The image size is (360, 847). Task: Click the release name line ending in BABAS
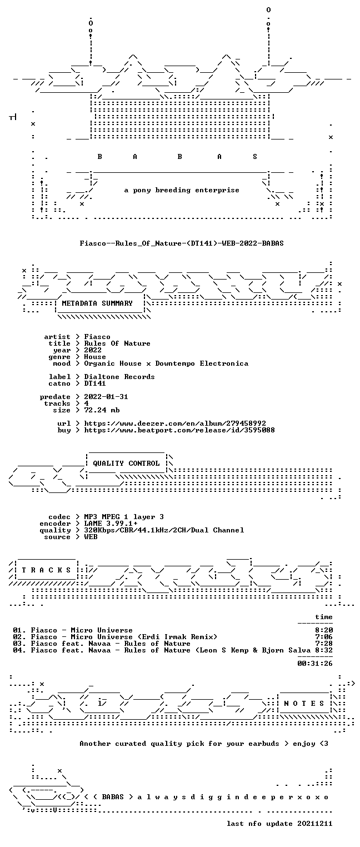click(x=182, y=243)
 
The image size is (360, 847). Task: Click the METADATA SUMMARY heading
click(x=97, y=303)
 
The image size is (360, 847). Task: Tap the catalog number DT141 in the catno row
click(x=95, y=383)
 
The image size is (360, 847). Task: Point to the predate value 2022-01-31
click(x=106, y=397)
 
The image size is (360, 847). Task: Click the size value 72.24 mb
click(x=102, y=410)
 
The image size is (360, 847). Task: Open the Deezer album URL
click(x=175, y=423)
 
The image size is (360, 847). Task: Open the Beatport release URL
click(x=179, y=430)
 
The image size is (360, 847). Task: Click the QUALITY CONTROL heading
click(x=126, y=463)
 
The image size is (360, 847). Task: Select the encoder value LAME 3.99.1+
click(x=111, y=524)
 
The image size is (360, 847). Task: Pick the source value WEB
click(x=91, y=537)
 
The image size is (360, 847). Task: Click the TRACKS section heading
click(x=47, y=570)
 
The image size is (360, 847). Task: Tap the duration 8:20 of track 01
click(x=324, y=630)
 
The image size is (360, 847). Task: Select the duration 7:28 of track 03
click(x=324, y=644)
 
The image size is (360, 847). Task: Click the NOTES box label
click(x=304, y=703)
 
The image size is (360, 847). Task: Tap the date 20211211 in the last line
click(x=315, y=824)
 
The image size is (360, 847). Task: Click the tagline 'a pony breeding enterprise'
click(x=182, y=190)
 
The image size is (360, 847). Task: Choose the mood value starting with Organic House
click(x=166, y=363)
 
